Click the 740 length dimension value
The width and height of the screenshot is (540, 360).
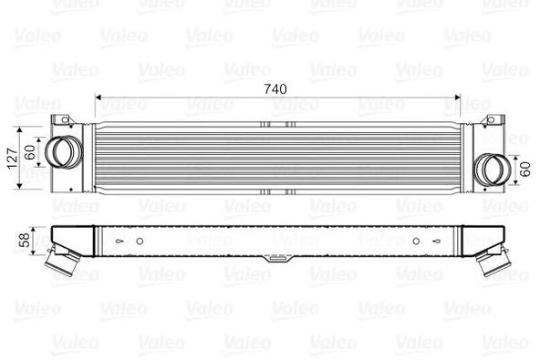point(276,88)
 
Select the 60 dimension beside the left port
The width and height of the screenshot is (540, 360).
point(29,149)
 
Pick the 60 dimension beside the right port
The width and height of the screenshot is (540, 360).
point(524,168)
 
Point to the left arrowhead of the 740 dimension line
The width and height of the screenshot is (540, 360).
point(97,98)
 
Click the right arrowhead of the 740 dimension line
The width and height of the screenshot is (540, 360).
point(459,98)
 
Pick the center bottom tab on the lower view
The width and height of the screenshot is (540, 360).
point(273,262)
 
